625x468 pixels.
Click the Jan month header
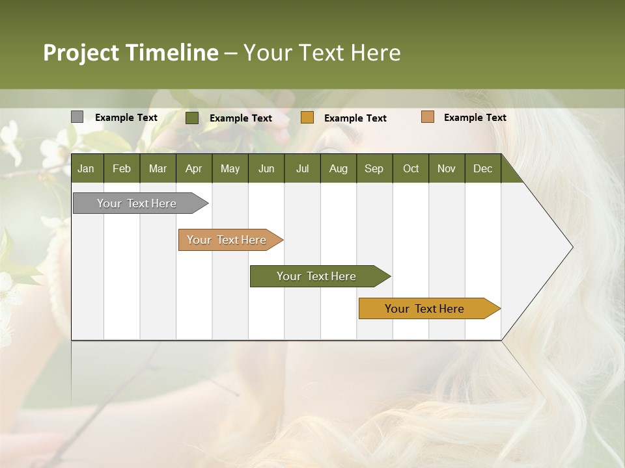(x=86, y=168)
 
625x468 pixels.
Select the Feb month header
(x=122, y=168)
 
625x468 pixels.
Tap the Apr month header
(x=193, y=168)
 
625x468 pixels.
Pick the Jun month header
(x=266, y=168)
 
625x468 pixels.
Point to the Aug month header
(x=338, y=168)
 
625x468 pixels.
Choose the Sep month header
(x=374, y=168)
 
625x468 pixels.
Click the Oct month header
(x=411, y=168)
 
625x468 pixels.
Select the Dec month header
(x=482, y=168)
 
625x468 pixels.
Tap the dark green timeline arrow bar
(x=317, y=276)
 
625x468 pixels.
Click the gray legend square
(x=77, y=117)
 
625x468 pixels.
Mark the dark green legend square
(x=192, y=118)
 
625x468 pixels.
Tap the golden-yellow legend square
(x=307, y=117)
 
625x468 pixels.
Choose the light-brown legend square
(x=427, y=117)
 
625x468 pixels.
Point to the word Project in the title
(x=81, y=53)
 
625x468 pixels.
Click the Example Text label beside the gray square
(x=126, y=118)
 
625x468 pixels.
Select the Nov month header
(x=446, y=168)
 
